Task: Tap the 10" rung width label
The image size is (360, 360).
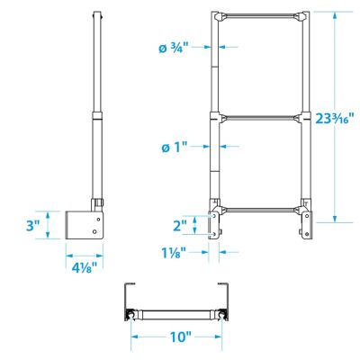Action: tap(178, 337)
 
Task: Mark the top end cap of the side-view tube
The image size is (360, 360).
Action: tap(96, 13)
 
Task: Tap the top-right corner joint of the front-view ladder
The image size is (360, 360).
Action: tap(301, 18)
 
